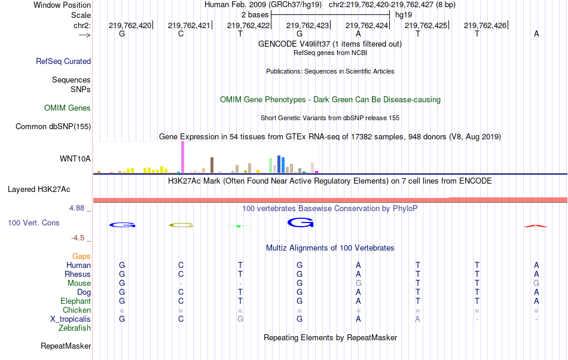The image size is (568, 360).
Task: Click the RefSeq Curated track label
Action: pyautogui.click(x=63, y=61)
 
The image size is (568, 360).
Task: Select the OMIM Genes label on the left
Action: pyautogui.click(x=68, y=108)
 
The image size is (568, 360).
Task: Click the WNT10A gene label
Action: pyautogui.click(x=75, y=159)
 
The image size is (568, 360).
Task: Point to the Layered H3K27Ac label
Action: pyautogui.click(x=39, y=190)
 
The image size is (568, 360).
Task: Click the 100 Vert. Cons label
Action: pyautogui.click(x=33, y=222)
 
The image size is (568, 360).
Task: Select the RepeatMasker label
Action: pyautogui.click(x=66, y=346)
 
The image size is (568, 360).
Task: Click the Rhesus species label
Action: pyautogui.click(x=78, y=274)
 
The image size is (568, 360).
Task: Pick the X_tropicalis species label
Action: pyautogui.click(x=71, y=319)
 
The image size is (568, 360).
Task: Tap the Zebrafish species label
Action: pyautogui.click(x=75, y=328)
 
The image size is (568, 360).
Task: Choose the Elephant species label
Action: pyautogui.click(x=75, y=301)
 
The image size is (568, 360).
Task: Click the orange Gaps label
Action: pyautogui.click(x=81, y=256)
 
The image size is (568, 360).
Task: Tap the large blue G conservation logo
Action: pyautogui.click(x=300, y=223)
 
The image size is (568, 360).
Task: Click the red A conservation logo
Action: pyautogui.click(x=535, y=226)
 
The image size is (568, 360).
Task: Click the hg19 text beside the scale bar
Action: pyautogui.click(x=404, y=14)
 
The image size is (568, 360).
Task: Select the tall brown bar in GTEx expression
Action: pyautogui.click(x=212, y=165)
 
